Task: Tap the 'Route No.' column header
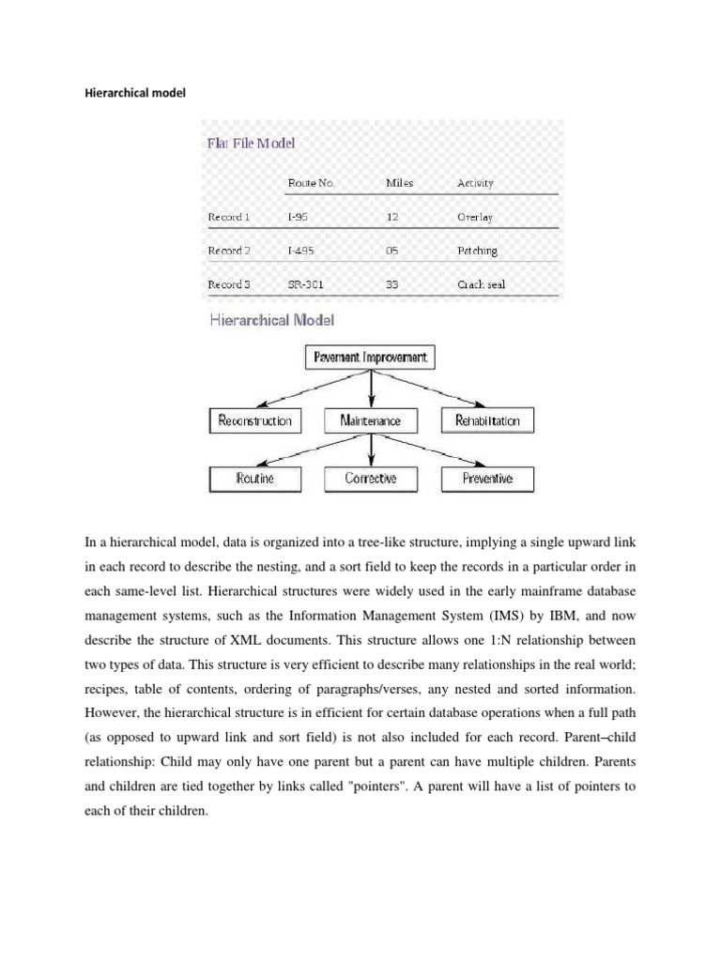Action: click(311, 183)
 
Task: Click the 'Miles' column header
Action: click(399, 183)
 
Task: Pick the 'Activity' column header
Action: click(475, 183)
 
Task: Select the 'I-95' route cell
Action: click(299, 217)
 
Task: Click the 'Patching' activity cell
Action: click(477, 251)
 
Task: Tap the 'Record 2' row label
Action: click(229, 251)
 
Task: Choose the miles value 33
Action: click(392, 284)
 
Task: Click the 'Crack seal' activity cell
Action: click(481, 284)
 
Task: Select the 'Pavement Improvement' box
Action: click(372, 358)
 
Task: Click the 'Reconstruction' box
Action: click(255, 420)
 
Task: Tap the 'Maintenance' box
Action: click(371, 420)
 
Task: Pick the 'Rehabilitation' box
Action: click(487, 420)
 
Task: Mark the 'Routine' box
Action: click(255, 479)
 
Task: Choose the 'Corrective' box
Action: click(371, 479)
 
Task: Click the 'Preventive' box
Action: click(487, 479)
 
